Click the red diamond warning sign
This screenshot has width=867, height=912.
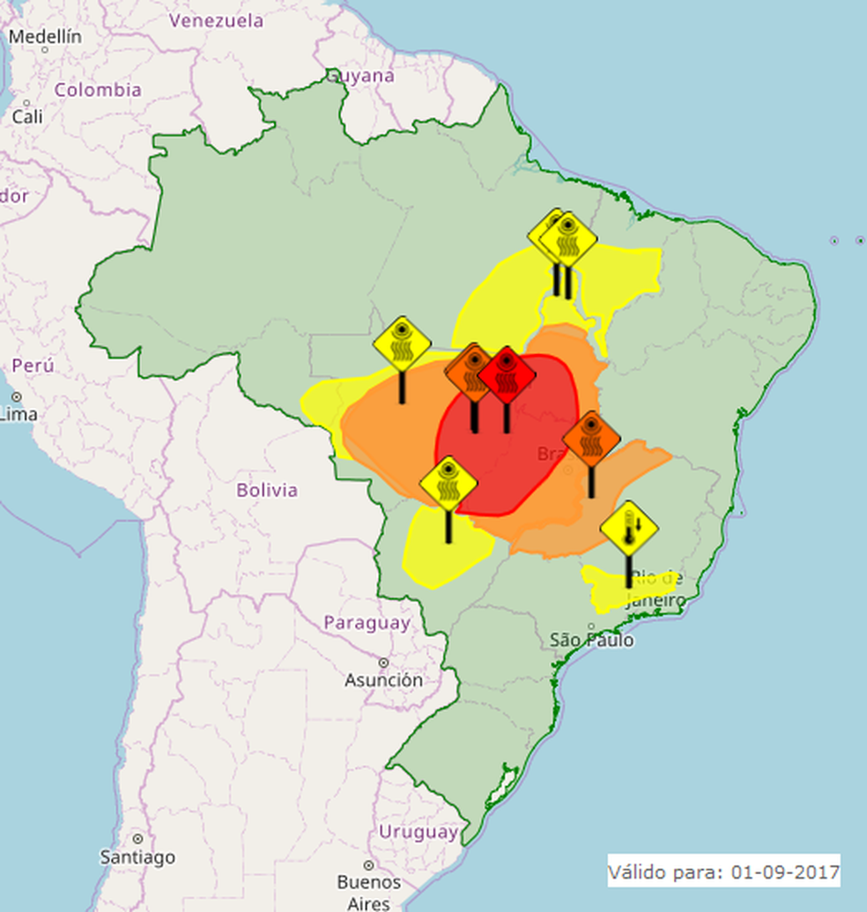tap(507, 375)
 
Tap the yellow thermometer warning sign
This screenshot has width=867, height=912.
tap(629, 530)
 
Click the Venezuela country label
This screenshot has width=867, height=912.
tap(216, 20)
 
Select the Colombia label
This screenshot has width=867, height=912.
tap(98, 90)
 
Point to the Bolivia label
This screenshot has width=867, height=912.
tap(267, 490)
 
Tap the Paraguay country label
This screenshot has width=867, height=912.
tap(367, 623)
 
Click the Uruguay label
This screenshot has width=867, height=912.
tap(418, 832)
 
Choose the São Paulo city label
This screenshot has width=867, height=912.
tap(591, 640)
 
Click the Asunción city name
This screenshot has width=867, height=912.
tap(383, 680)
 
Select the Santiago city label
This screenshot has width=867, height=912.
tap(137, 856)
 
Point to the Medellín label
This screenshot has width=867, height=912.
tap(45, 37)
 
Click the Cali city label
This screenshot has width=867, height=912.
tap(26, 115)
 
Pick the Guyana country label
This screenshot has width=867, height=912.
tap(360, 76)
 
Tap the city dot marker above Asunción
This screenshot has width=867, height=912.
tap(383, 663)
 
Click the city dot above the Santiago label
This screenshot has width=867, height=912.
tap(137, 838)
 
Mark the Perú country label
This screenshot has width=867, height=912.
tap(33, 365)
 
